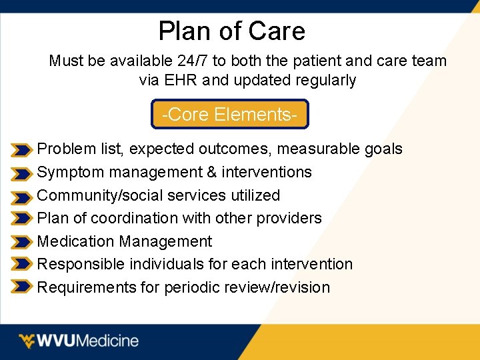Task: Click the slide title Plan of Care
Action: pyautogui.click(x=231, y=31)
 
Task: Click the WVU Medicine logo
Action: pyautogui.click(x=79, y=341)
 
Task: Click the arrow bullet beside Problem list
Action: pyautogui.click(x=21, y=150)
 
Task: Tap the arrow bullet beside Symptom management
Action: pyautogui.click(x=21, y=173)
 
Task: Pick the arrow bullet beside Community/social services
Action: pyautogui.click(x=21, y=197)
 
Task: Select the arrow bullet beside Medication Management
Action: pyautogui.click(x=21, y=243)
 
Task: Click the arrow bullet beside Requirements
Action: pyautogui.click(x=21, y=288)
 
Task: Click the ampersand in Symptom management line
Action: pyautogui.click(x=212, y=172)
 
